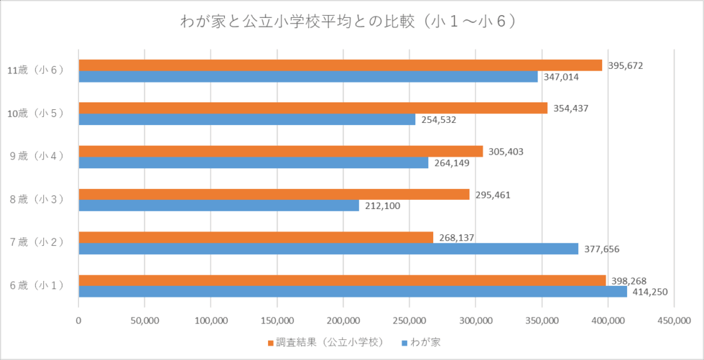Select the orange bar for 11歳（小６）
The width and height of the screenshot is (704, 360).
340,65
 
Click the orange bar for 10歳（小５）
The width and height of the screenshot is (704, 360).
313,108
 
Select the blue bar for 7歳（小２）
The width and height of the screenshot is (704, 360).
329,249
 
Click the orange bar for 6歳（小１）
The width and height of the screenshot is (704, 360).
342,280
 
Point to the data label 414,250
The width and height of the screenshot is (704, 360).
650,292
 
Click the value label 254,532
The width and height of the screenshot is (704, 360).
439,120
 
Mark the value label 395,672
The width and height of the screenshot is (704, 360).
625,66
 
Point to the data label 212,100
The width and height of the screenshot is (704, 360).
382,206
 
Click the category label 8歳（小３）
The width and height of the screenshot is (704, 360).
36,199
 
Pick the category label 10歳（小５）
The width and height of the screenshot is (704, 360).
36,113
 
